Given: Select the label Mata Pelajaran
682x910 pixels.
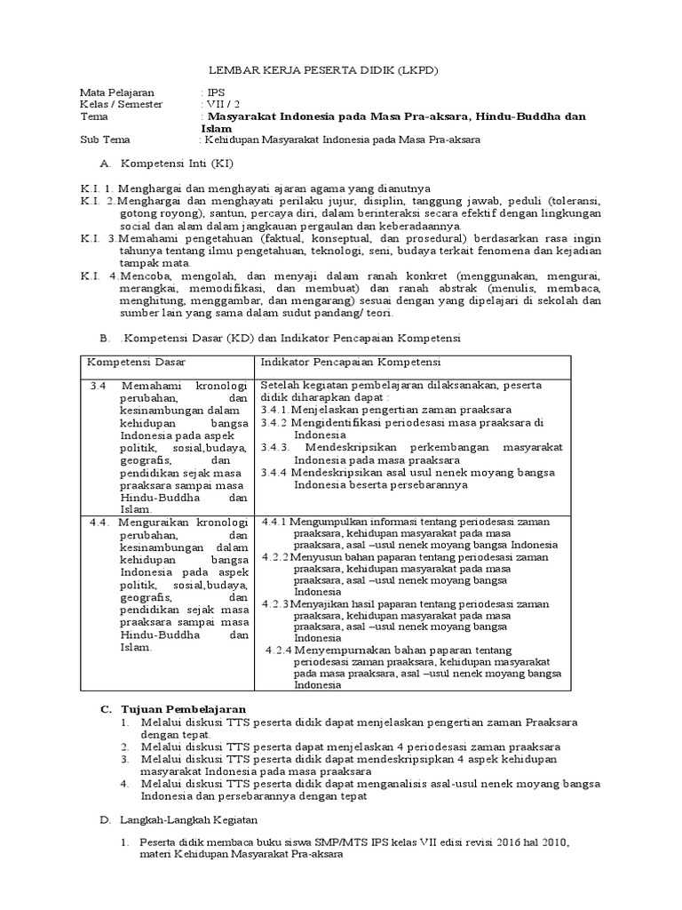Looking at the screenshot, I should click(116, 92).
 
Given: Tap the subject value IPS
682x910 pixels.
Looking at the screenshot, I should click(214, 92).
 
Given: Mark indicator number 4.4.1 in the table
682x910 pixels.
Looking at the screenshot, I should click(281, 522).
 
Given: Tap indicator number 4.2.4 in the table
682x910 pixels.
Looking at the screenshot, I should click(284, 649).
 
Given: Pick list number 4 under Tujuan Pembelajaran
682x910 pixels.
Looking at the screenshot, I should click(127, 784).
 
